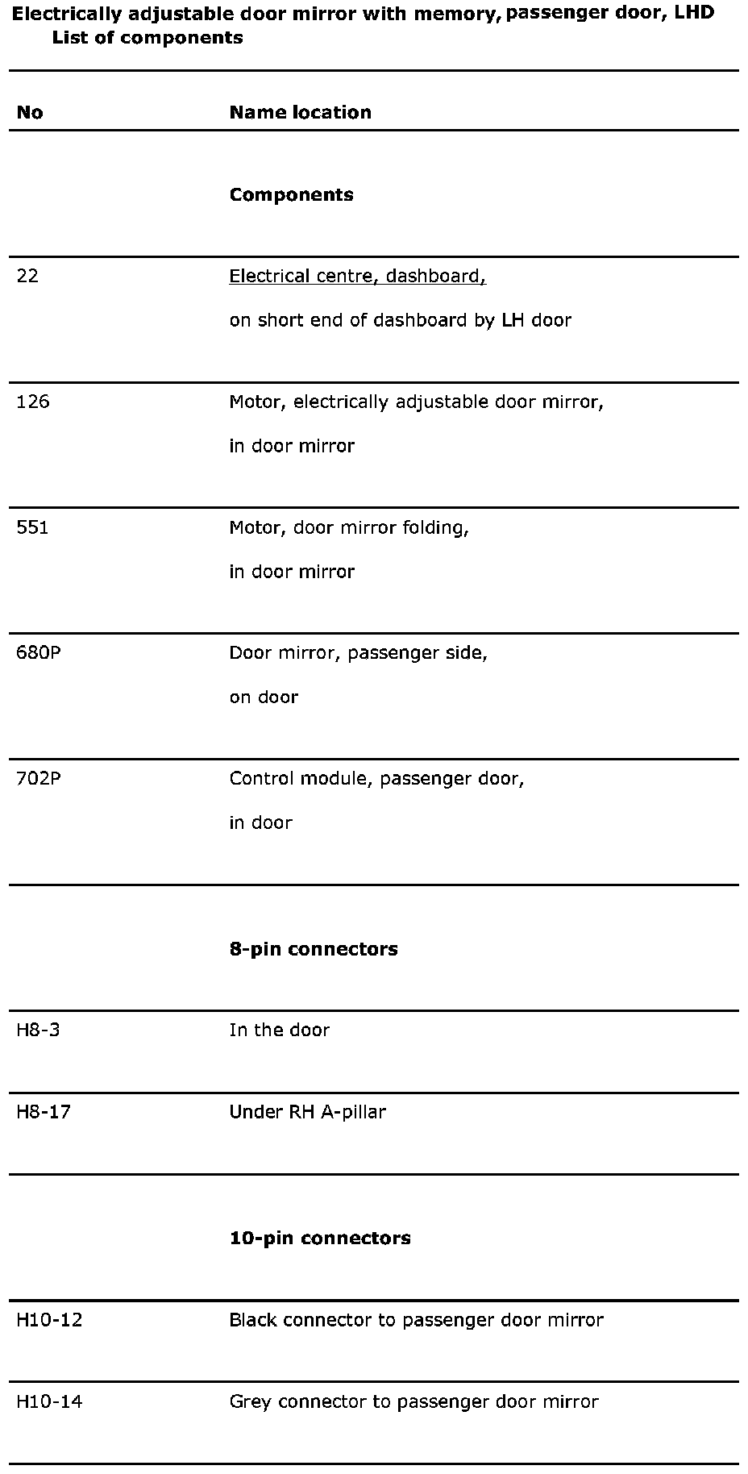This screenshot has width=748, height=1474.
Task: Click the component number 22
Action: coord(27,277)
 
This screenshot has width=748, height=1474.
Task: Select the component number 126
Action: coord(33,402)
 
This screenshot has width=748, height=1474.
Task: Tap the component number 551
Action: coord(32,527)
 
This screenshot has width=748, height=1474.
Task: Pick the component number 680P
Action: coord(39,652)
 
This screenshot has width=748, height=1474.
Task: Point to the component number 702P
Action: coord(39,778)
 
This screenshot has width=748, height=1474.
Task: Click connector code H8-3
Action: coord(38,1030)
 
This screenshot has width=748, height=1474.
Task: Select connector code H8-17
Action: coord(44,1112)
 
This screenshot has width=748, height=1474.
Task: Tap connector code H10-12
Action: coord(49,1320)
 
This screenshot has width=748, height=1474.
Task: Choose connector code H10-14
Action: coord(49,1401)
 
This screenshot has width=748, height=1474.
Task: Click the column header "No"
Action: coord(30,113)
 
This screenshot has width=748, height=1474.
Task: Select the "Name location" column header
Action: coord(301,113)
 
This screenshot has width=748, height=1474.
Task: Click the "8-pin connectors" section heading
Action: coord(314,949)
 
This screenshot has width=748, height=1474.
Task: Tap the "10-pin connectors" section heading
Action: coord(320,1238)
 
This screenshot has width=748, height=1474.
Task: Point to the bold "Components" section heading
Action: coord(291,195)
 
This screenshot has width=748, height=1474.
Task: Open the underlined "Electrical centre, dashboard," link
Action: coord(358,277)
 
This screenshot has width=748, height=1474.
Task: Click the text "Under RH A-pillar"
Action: coord(307,1112)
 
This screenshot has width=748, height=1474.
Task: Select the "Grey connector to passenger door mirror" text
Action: coord(413,1401)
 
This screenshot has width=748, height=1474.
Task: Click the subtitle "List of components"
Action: coord(148,38)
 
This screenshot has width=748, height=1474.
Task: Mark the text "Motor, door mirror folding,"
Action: coord(349,527)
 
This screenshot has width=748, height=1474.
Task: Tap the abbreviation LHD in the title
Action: coord(694,14)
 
